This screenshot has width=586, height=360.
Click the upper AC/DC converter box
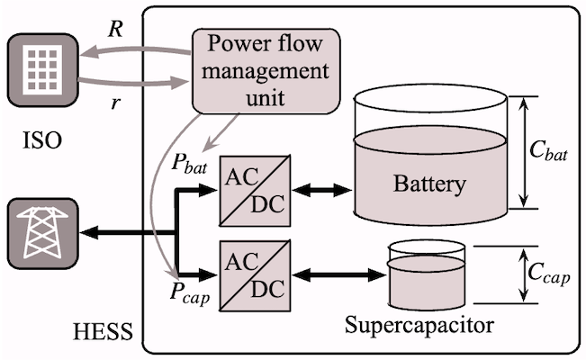255,190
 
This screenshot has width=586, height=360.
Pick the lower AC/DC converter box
255,274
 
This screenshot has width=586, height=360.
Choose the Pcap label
188,292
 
